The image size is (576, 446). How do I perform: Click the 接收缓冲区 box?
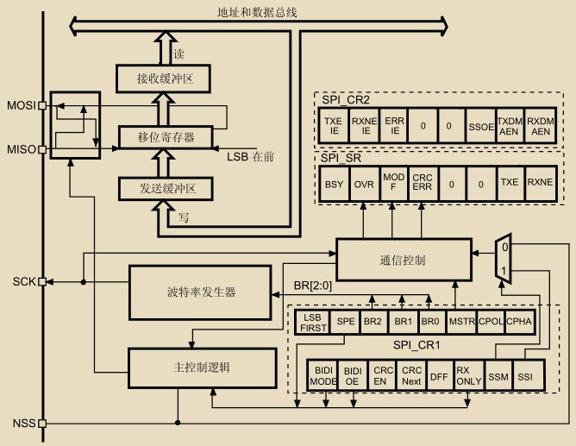point(163,79)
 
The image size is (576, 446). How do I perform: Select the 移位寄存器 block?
point(166,136)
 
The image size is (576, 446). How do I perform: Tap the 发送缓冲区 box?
point(163,188)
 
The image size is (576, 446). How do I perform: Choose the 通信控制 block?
point(402,260)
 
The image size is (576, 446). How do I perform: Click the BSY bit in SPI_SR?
point(333,184)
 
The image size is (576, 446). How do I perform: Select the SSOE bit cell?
point(479,125)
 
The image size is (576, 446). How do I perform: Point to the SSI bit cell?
point(526,377)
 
